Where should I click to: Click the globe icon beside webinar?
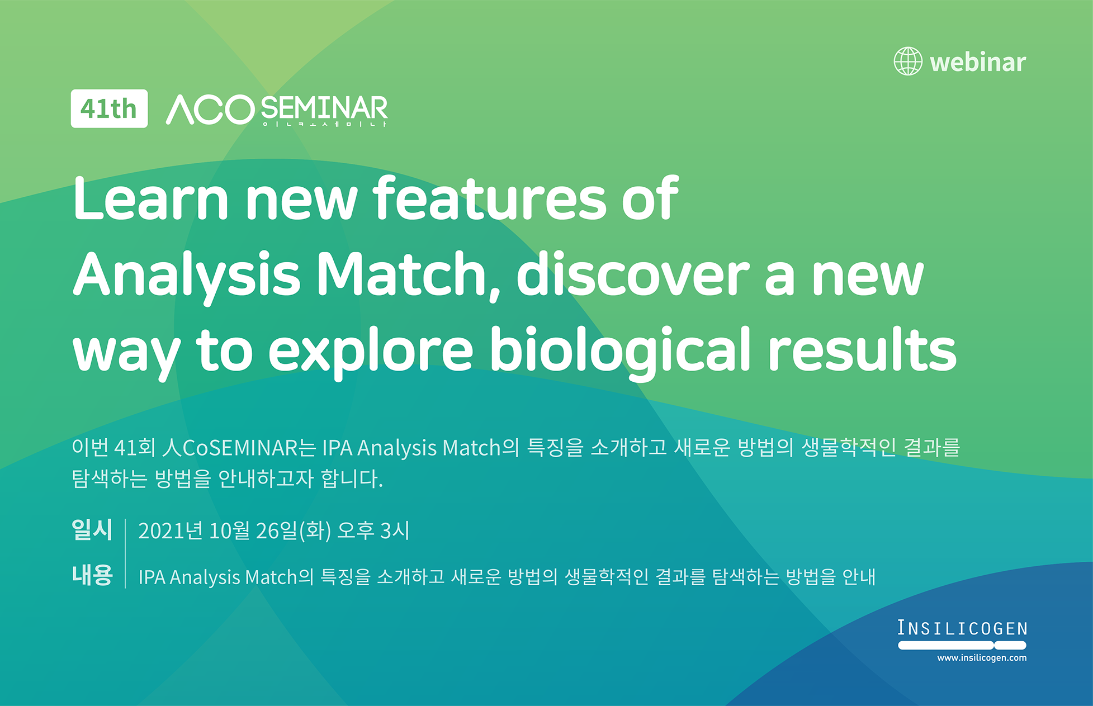907,61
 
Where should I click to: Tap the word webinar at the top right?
978,62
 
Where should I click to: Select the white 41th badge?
109,108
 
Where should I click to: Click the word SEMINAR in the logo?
324,108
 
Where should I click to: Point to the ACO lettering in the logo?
210,110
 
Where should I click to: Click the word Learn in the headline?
150,199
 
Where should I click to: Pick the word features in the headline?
490,199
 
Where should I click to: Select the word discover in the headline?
632,275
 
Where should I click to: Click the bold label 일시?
92,529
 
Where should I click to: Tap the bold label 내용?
92,575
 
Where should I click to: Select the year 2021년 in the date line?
170,530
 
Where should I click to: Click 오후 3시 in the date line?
373,530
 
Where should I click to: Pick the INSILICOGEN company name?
962,628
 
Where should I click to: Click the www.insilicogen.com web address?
981,658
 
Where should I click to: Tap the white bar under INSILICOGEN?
962,645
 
